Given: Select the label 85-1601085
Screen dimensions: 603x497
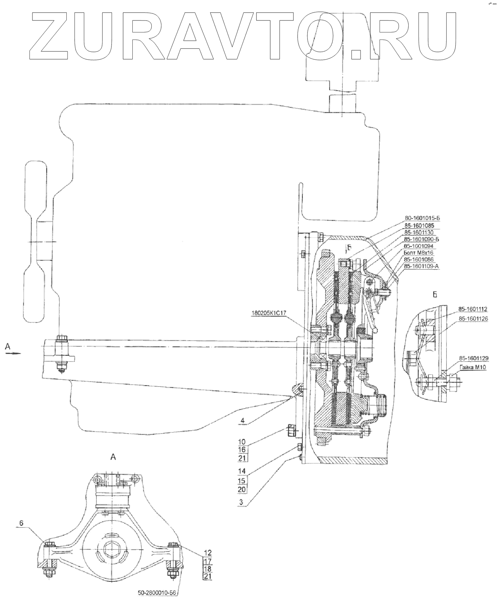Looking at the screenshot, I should (x=419, y=225).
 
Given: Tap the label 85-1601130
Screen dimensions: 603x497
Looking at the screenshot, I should (x=419, y=232).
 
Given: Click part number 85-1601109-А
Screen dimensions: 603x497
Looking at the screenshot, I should (x=421, y=266).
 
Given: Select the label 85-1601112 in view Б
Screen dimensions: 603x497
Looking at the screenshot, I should (x=472, y=309).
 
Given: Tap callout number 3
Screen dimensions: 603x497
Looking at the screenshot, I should (x=242, y=502).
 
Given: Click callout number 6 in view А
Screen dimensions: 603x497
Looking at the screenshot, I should (x=22, y=523).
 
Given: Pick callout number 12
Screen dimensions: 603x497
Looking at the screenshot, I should (x=208, y=552).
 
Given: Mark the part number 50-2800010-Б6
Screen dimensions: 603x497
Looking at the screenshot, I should (x=158, y=592).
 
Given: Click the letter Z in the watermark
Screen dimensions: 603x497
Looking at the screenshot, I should (x=48, y=35).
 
